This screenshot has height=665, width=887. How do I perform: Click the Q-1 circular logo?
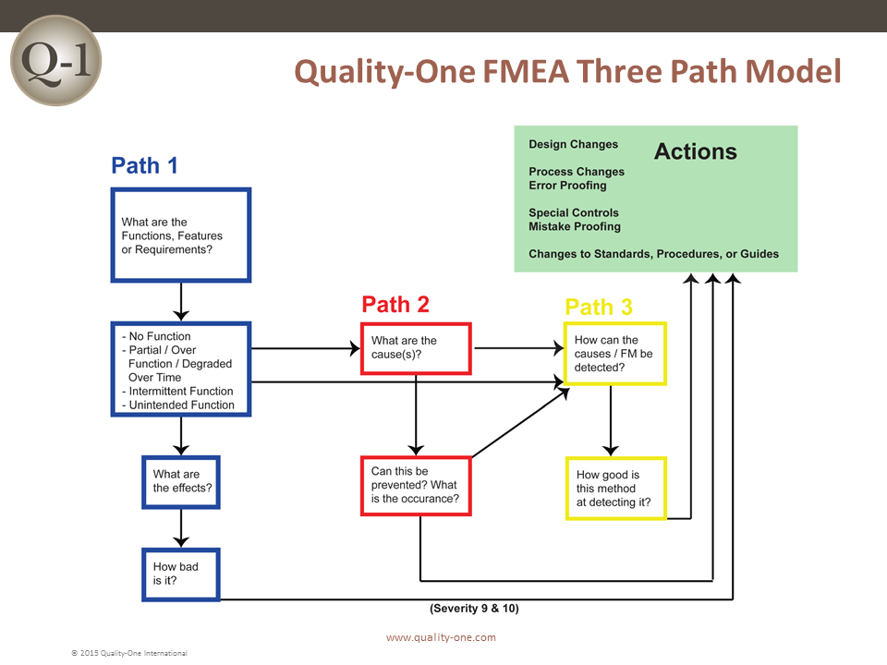click(55, 59)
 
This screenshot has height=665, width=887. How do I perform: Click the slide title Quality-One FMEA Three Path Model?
click(567, 71)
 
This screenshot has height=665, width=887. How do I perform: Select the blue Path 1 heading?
click(144, 165)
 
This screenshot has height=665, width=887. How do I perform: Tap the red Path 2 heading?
click(395, 304)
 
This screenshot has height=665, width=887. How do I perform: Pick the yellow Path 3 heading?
click(599, 307)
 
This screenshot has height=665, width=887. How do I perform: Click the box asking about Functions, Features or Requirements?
click(180, 236)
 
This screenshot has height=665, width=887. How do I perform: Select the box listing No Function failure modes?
click(180, 369)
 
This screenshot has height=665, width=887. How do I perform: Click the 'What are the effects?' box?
click(181, 481)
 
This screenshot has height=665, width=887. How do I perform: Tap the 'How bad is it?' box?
click(181, 574)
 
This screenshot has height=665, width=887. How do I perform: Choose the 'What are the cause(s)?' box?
click(416, 348)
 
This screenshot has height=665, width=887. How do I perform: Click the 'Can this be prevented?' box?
click(416, 485)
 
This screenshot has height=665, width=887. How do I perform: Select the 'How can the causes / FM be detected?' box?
click(614, 354)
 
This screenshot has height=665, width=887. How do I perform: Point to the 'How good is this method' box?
click(615, 489)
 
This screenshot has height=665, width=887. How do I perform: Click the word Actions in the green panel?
click(695, 151)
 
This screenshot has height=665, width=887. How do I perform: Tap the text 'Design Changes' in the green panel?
click(573, 144)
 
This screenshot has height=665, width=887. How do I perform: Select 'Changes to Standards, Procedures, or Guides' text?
click(653, 254)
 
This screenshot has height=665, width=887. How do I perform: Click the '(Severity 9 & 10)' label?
click(480, 609)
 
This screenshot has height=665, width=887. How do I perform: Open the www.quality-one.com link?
click(441, 637)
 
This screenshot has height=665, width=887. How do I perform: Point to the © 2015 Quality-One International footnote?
click(129, 653)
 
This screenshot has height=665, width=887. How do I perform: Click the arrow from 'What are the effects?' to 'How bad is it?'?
click(181, 527)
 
